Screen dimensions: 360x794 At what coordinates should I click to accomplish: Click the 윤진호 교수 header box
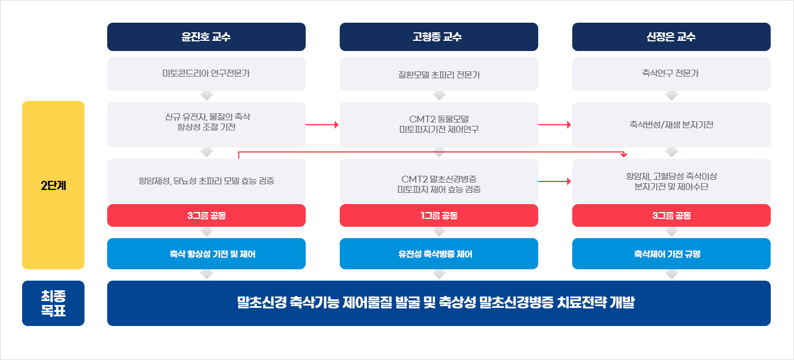click(x=206, y=37)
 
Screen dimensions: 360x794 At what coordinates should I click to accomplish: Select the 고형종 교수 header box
click(x=438, y=37)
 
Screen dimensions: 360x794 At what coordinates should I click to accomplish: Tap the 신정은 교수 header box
click(x=671, y=37)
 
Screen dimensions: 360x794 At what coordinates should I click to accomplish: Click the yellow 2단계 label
click(x=53, y=185)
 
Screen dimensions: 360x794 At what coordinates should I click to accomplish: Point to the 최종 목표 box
click(x=53, y=303)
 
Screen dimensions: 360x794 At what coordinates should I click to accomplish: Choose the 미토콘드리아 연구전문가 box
click(x=206, y=74)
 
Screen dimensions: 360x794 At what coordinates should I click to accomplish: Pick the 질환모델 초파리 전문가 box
click(x=438, y=74)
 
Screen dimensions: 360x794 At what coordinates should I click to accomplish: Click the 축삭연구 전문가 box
click(x=671, y=74)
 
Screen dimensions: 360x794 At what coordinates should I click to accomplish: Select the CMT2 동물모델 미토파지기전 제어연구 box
click(x=438, y=124)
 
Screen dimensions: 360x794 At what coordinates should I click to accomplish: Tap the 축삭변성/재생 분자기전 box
click(x=671, y=124)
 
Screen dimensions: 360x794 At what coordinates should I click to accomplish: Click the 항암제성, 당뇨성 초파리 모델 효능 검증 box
click(x=206, y=181)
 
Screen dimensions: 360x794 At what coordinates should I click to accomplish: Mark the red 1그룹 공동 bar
click(x=438, y=215)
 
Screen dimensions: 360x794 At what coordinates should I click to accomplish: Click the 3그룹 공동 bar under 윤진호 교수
click(x=206, y=215)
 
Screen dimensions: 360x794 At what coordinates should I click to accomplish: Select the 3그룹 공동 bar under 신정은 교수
click(x=671, y=215)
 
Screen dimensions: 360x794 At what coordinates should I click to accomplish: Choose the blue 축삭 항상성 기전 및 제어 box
click(x=206, y=254)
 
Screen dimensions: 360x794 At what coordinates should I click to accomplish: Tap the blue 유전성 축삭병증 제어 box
click(x=438, y=254)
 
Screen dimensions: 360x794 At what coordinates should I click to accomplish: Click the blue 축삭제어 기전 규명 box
click(x=671, y=254)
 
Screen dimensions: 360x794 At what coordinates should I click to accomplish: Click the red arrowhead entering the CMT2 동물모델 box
click(x=336, y=124)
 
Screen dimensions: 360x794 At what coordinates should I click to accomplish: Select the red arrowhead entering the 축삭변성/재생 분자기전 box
click(x=568, y=124)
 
